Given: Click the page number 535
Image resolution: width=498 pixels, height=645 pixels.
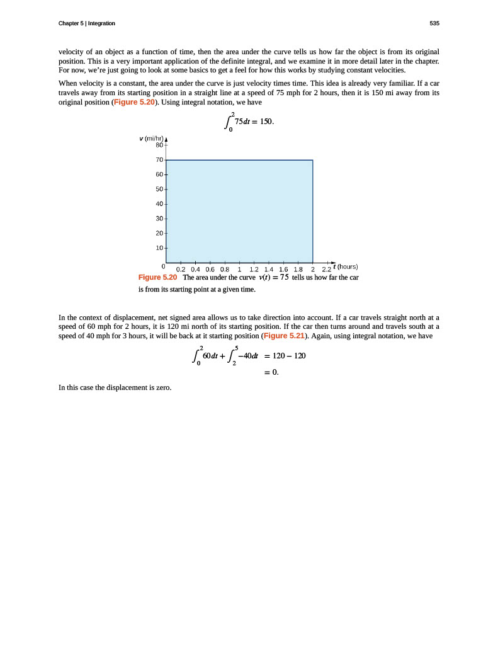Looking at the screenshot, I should click(x=434, y=23).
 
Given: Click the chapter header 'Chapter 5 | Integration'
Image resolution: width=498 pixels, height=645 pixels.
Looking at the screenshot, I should click(x=86, y=23).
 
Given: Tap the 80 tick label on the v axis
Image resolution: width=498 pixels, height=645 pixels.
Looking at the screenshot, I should click(x=159, y=145).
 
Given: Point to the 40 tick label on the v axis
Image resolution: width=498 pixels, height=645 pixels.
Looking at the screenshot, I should click(x=159, y=204).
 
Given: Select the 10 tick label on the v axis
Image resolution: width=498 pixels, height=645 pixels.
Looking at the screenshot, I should click(x=159, y=248).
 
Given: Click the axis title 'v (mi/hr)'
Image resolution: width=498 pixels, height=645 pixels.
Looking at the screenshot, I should click(x=151, y=138).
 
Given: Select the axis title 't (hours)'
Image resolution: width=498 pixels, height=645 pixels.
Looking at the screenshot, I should click(x=345, y=266).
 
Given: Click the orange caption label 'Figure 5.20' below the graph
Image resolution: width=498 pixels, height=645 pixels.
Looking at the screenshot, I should click(x=157, y=277).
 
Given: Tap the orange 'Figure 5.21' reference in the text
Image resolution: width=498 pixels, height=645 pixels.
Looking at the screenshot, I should click(x=283, y=336).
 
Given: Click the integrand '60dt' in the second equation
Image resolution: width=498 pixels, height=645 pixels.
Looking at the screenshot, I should click(x=205, y=355).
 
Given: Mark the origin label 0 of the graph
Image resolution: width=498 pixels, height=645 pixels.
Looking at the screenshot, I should click(x=163, y=267).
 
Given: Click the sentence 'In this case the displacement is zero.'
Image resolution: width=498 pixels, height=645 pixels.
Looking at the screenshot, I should click(x=115, y=387).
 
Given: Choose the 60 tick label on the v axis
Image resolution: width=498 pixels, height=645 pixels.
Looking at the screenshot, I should click(x=159, y=174).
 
